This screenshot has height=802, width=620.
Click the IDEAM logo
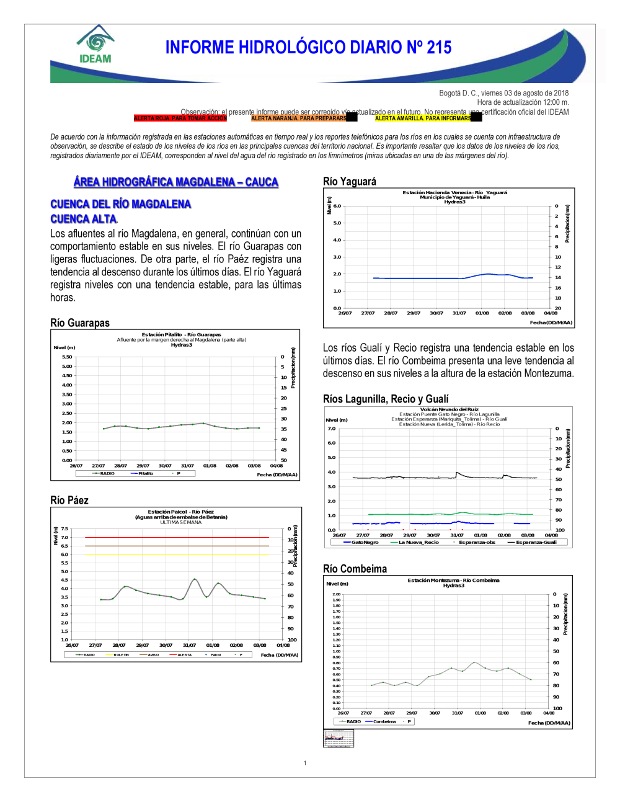click(95, 45)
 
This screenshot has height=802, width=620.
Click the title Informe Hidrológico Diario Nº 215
click(308, 48)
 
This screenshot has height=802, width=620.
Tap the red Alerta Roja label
click(180, 118)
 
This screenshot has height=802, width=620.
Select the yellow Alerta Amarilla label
click(423, 118)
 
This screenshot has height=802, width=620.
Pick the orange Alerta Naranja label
click(298, 118)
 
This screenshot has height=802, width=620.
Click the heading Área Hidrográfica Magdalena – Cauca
click(175, 182)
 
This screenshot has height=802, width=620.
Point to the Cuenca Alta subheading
click(83, 219)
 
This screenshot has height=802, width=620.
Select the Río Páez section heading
click(69, 500)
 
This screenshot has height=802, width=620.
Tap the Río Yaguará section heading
click(350, 181)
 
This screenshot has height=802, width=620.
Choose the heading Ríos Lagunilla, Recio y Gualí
click(386, 399)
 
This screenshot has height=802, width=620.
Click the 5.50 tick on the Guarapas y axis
click(67, 357)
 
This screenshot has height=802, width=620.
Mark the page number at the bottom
click(305, 763)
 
